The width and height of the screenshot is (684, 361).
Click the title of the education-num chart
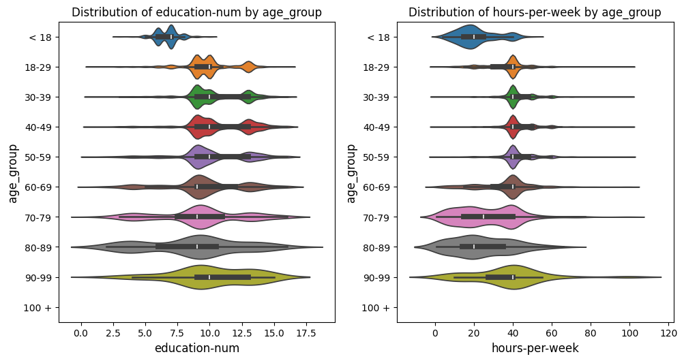196,12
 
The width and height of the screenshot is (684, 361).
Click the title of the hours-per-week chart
535,12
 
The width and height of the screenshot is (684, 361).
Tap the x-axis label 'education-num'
196,348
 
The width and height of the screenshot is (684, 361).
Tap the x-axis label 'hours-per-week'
535,348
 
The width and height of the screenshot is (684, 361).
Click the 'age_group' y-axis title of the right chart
351,173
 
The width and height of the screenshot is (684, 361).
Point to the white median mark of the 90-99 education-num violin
209,277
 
